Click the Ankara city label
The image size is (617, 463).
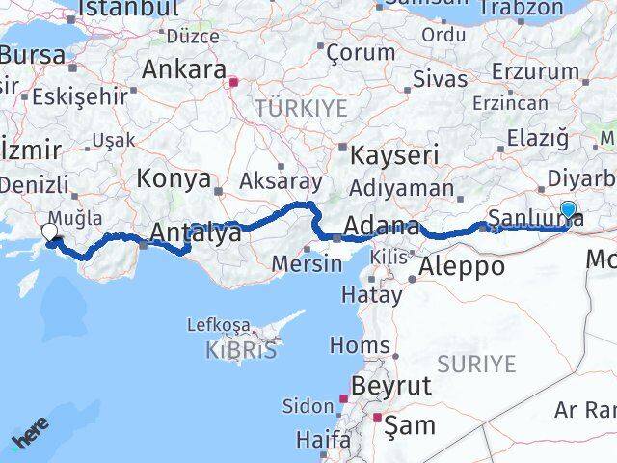[183, 69]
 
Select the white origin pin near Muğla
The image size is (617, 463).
[50, 232]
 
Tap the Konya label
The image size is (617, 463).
[174, 178]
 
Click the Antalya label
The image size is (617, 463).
[194, 233]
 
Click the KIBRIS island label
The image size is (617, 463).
[241, 350]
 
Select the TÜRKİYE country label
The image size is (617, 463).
[301, 108]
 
